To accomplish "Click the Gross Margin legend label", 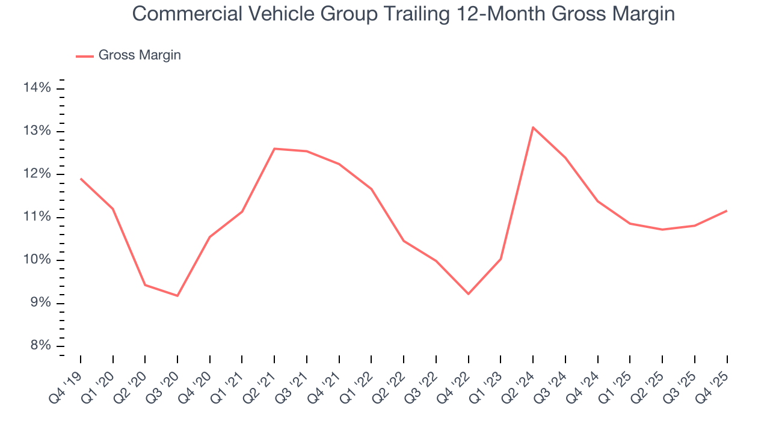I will (140, 55).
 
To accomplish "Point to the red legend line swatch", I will (84, 56).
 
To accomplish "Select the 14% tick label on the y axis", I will (37, 88).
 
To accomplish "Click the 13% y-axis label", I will (37, 132).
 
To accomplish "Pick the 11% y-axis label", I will (37, 217).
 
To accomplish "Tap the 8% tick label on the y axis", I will (38, 346).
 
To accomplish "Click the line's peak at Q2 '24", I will (533, 127).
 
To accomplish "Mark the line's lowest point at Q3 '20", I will (177, 296).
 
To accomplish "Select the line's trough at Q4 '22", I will (468, 294).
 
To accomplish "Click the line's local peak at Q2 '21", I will (274, 149).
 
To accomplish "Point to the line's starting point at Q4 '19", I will (81, 179).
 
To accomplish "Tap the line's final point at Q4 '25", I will (727, 210).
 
